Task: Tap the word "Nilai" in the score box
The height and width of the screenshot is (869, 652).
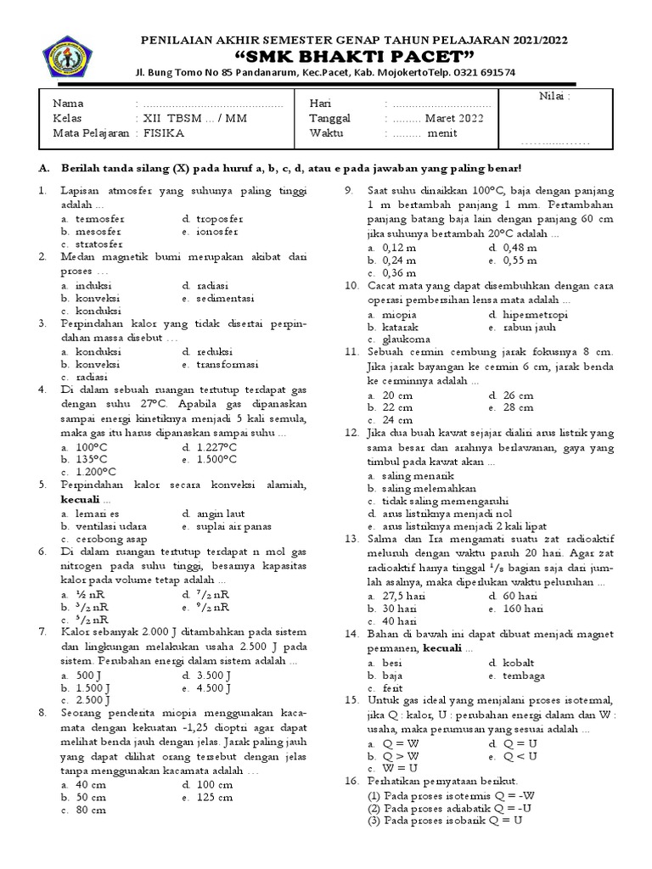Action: pyautogui.click(x=554, y=96)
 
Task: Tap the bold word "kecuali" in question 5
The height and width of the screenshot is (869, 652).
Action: pyautogui.click(x=81, y=500)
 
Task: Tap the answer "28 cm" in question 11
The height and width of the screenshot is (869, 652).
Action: pyautogui.click(x=518, y=407)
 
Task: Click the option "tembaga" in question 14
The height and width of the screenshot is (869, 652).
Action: pyautogui.click(x=524, y=676)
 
